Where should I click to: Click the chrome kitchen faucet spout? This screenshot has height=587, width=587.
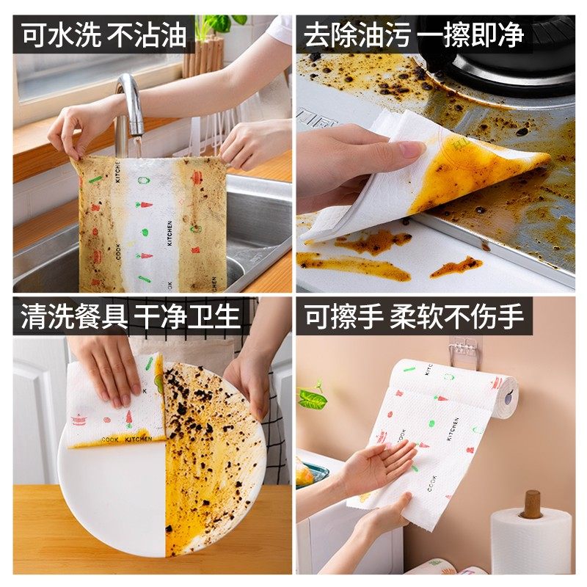pos(131,99)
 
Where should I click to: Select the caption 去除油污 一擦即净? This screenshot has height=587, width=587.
pos(413,35)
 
